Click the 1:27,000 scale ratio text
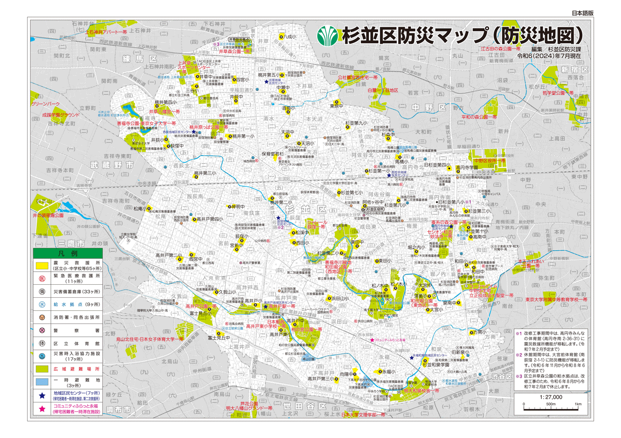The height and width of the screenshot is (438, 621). (550, 396)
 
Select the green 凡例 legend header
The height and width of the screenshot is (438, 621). (67, 253)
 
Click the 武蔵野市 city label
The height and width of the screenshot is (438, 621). (112, 165)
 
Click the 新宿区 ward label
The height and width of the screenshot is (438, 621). (574, 70)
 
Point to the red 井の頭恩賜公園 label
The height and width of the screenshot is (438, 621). (48, 214)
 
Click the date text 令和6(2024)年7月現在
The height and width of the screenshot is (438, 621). (549, 56)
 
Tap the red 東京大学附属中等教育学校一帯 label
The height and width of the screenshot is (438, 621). (556, 300)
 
